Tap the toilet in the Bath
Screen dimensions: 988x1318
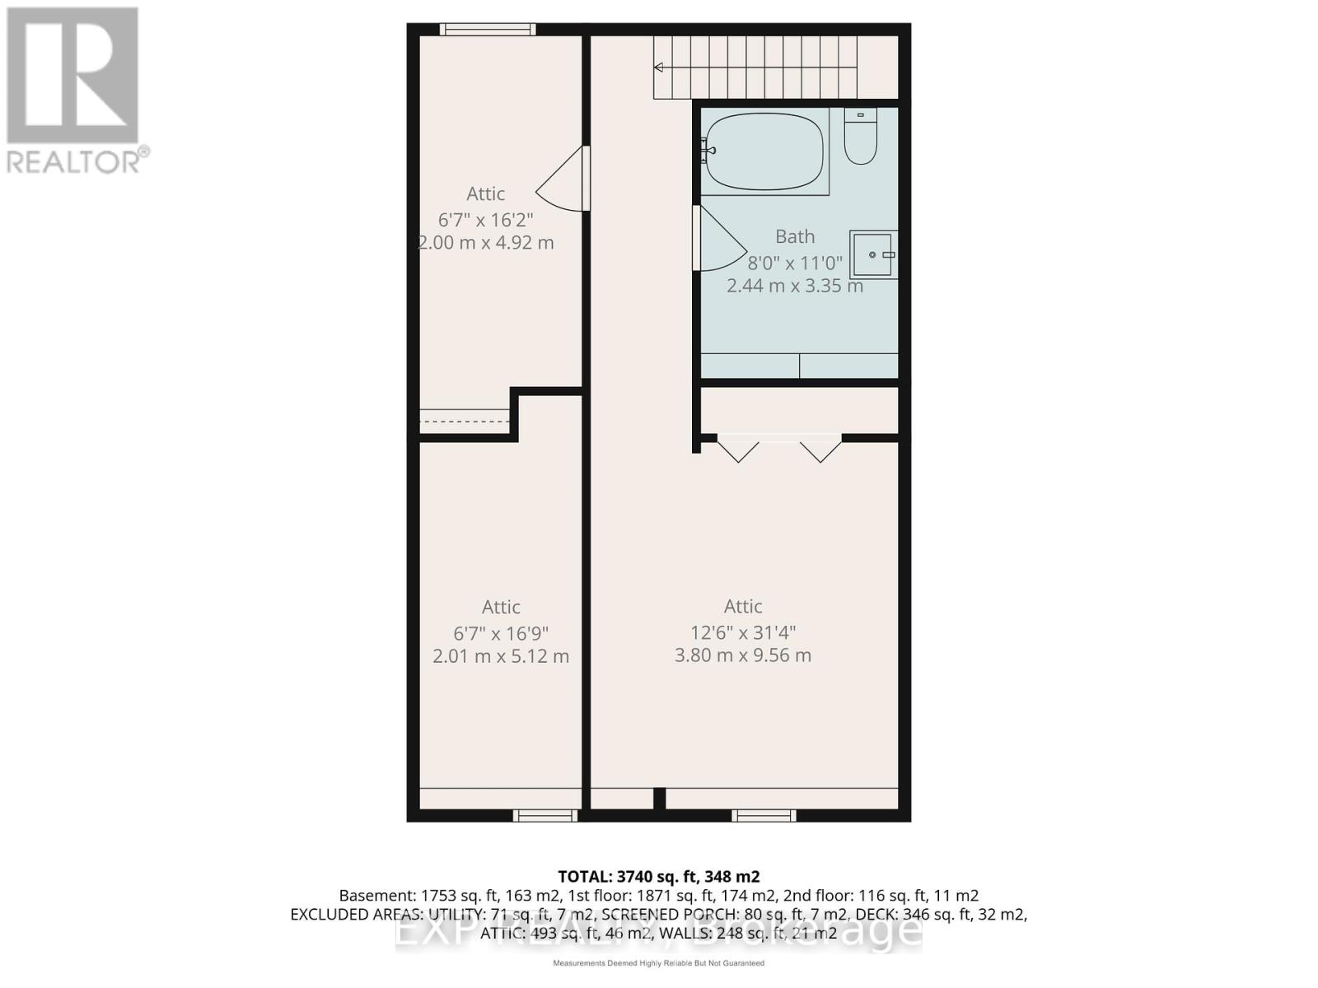tap(860, 138)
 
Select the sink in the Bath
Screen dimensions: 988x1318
tap(873, 255)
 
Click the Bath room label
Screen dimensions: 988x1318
tap(795, 237)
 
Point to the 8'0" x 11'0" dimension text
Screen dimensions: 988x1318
tap(795, 263)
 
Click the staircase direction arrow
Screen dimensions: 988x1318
tap(659, 68)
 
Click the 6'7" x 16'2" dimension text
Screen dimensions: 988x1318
tap(486, 221)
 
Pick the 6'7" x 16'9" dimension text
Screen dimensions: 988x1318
tap(501, 634)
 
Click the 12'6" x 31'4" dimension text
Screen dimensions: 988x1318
tap(743, 633)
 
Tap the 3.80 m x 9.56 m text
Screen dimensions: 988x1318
tap(743, 656)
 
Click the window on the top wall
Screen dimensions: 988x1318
tap(488, 30)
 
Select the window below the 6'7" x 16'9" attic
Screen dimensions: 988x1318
tap(545, 815)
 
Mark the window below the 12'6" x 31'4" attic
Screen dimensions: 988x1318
tap(764, 815)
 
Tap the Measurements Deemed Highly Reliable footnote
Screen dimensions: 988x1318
tap(658, 963)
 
